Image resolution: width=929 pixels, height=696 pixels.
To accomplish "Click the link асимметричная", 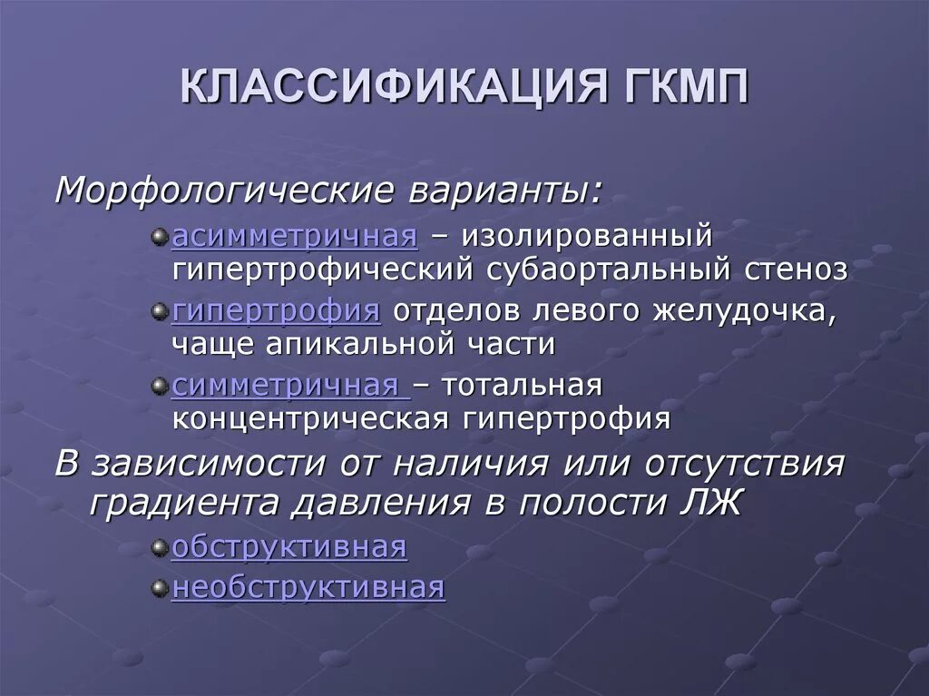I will point(295,237).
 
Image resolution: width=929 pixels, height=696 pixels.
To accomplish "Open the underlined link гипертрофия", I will point(276,311).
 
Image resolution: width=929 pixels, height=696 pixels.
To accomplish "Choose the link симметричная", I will point(290,386).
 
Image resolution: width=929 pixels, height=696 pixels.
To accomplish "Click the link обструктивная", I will point(289,548).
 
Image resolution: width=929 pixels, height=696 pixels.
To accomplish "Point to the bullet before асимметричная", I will point(160,238).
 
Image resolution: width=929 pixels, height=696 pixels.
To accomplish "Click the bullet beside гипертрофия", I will point(160,312).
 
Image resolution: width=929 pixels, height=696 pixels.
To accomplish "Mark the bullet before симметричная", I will point(160,387).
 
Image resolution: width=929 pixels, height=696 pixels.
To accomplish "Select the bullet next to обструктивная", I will point(160,549).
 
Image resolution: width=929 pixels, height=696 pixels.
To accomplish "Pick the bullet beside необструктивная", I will point(160,588).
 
